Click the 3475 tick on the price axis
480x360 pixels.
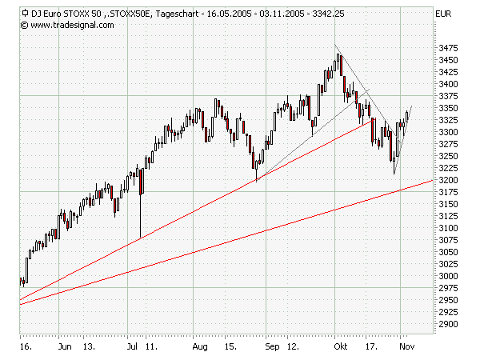pyautogui.click(x=449, y=48)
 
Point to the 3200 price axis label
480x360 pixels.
pyautogui.click(x=449, y=180)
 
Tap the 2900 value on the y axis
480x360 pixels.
pyautogui.click(x=449, y=324)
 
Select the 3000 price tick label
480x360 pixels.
pyautogui.click(x=449, y=276)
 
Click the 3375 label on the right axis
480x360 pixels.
pyautogui.click(x=449, y=96)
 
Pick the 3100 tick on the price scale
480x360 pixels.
pyautogui.click(x=449, y=228)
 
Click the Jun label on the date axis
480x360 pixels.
pyautogui.click(x=66, y=348)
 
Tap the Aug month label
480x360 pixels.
pyautogui.click(x=200, y=348)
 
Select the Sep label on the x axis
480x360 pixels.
pyautogui.click(x=270, y=348)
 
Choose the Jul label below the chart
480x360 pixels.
pyautogui.click(x=133, y=348)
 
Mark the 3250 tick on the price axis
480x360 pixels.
pyautogui.click(x=449, y=156)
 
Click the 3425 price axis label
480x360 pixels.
pyautogui.click(x=449, y=72)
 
